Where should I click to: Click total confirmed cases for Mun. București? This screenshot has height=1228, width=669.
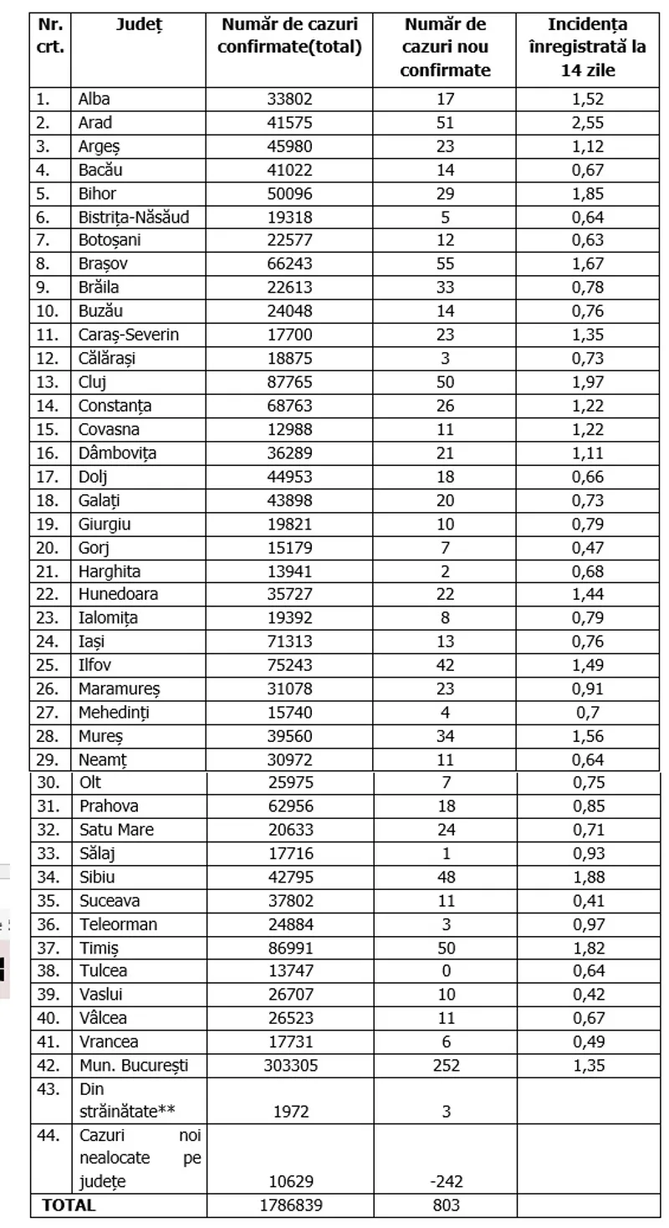[x=289, y=1065]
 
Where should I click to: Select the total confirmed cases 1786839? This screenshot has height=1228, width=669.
[x=289, y=1205]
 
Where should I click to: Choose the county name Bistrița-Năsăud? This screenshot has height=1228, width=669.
[x=133, y=217]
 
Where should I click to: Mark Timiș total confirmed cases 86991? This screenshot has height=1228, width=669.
[x=289, y=948]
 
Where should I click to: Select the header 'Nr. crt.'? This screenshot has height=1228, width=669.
[x=49, y=36]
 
